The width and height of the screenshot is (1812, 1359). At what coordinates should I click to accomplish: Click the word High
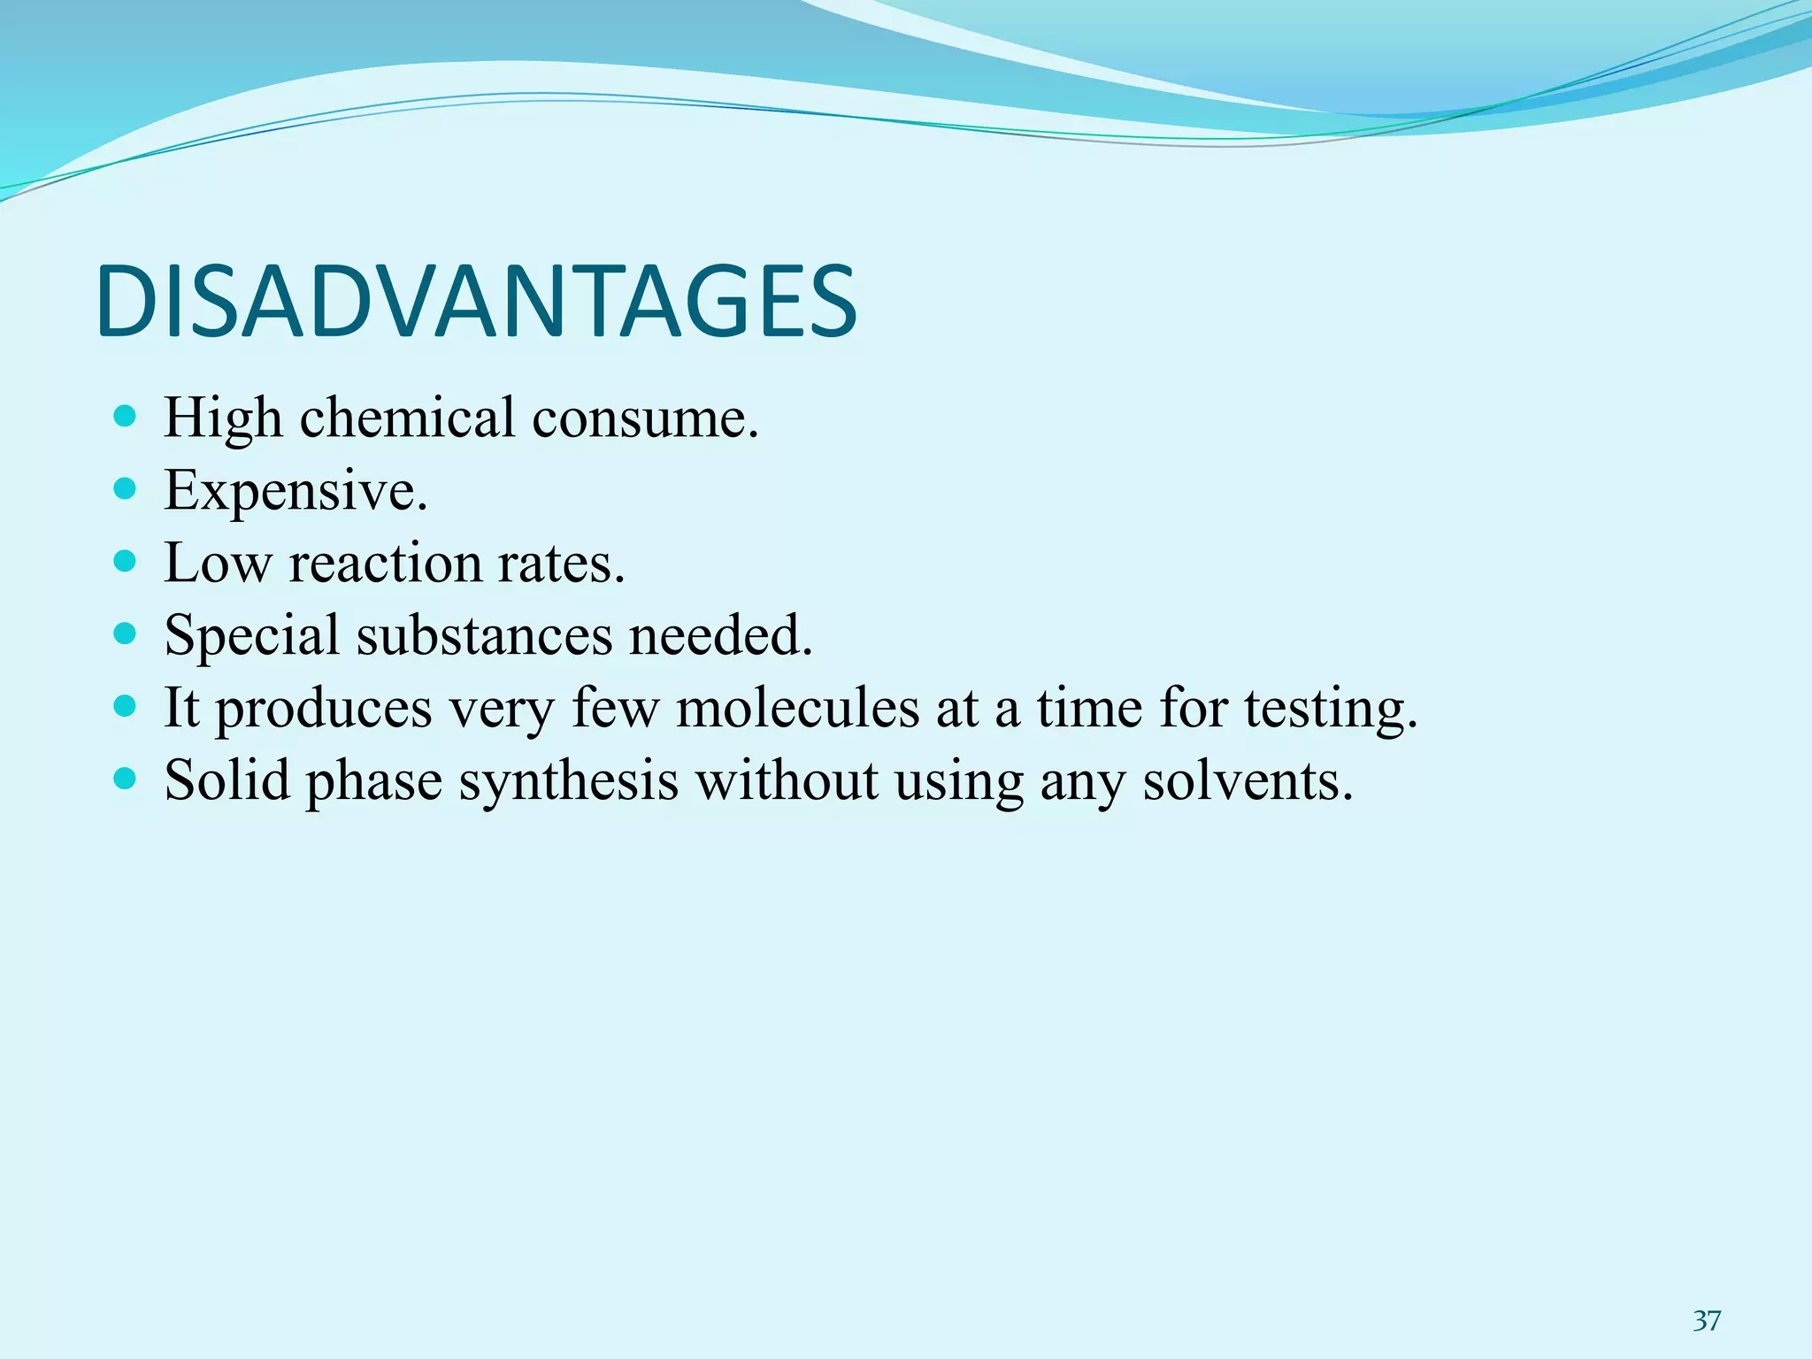223,418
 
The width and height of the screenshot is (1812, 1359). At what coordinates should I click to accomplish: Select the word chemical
407,418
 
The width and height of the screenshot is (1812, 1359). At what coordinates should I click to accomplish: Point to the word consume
645,418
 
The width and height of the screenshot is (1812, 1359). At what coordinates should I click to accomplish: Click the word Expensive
296,490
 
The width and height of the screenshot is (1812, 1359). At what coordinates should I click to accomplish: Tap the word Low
218,563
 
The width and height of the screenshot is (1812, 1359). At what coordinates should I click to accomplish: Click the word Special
252,635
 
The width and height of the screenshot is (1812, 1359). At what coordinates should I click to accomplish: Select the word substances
484,635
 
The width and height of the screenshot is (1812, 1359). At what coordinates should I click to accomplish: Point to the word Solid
228,780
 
